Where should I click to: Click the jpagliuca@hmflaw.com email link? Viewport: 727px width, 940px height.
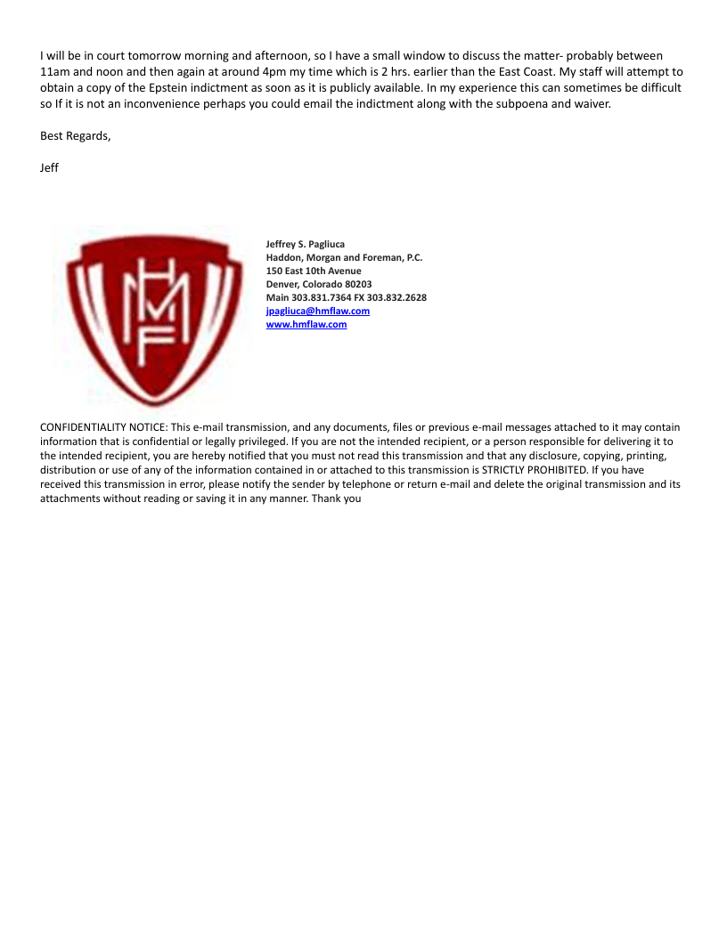[317, 311]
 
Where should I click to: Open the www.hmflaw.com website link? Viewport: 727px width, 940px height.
[306, 324]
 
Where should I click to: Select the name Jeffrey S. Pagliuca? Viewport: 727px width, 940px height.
[305, 244]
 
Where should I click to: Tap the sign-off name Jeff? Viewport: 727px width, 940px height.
[49, 167]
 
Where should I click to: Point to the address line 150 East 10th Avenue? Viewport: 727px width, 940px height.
[314, 271]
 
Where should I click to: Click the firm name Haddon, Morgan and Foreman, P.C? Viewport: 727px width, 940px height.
[344, 257]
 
